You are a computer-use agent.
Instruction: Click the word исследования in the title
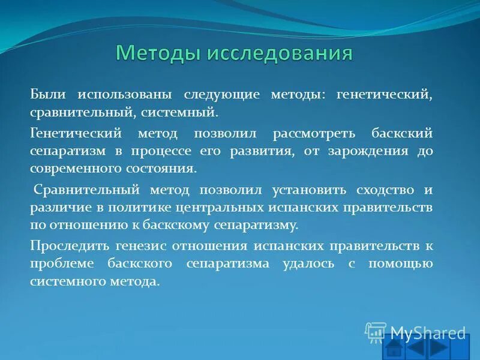(x=280, y=53)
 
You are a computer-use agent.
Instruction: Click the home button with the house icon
(x=394, y=349)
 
